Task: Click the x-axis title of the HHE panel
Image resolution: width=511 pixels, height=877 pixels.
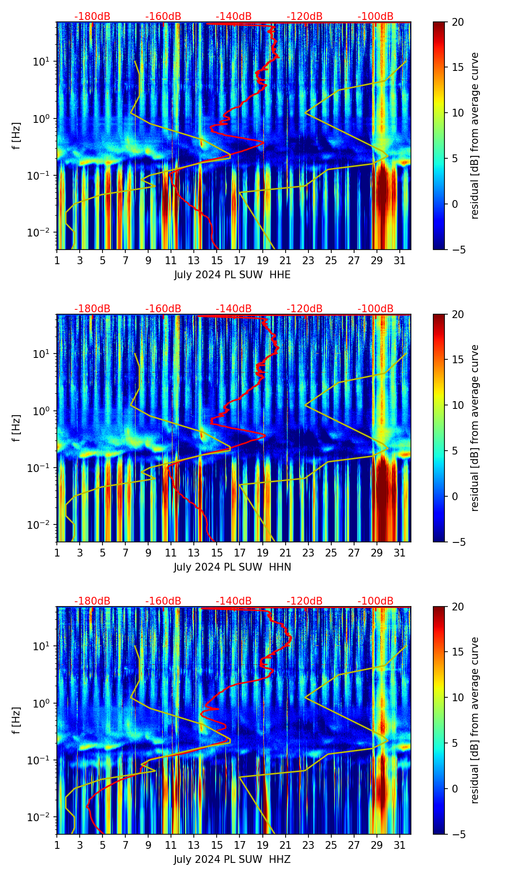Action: click(x=232, y=275)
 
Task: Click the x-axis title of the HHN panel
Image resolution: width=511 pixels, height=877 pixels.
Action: click(x=232, y=567)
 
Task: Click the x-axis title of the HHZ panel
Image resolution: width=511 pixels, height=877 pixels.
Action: click(x=232, y=860)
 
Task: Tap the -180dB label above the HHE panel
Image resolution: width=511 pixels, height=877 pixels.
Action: click(x=92, y=17)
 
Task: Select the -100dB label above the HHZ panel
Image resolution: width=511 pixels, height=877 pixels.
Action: click(x=375, y=601)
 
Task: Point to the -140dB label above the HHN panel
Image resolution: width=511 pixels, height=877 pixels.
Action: click(x=234, y=309)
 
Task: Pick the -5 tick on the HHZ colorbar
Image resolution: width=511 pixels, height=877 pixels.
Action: click(x=456, y=834)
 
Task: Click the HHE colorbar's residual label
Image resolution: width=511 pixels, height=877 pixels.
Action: click(x=475, y=135)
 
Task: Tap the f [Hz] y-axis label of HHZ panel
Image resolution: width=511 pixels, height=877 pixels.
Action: click(x=17, y=720)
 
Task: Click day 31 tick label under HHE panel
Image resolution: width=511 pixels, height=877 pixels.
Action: click(x=399, y=261)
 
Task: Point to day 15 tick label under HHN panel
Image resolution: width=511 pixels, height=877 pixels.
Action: click(x=217, y=553)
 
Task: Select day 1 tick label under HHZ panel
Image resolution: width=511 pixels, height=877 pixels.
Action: click(x=57, y=845)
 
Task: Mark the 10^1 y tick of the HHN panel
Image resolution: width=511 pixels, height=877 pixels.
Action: click(x=44, y=354)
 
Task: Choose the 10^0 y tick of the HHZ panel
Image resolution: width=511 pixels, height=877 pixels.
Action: click(x=44, y=703)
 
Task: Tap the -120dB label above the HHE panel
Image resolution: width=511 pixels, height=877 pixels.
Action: click(x=305, y=17)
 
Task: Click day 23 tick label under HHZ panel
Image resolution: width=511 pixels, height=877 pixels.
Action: click(x=308, y=845)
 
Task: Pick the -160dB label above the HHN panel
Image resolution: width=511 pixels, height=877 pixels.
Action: click(x=163, y=309)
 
